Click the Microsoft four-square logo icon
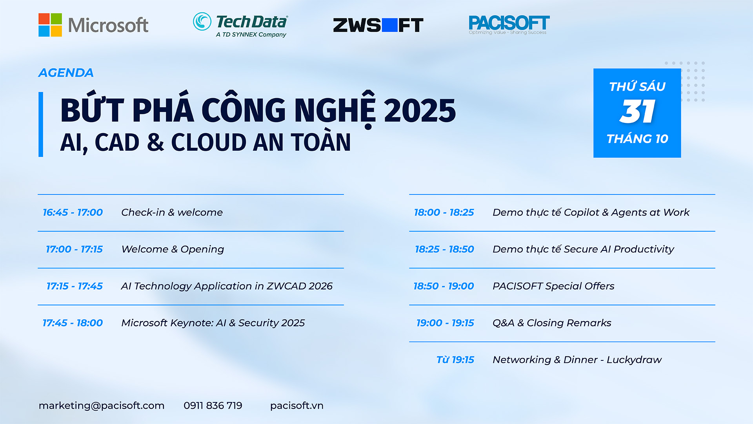point(50,25)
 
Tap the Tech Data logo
point(240,25)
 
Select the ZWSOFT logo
point(378,25)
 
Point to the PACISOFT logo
point(509,25)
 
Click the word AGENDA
point(66,73)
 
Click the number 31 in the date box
point(637,111)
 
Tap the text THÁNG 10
point(637,139)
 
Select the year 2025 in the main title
point(420,110)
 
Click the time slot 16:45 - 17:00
point(73,212)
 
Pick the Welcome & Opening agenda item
point(173,249)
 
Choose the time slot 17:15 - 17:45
point(75,286)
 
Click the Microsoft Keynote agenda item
point(213,323)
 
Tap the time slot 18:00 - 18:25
point(444,212)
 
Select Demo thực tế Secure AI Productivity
point(583,249)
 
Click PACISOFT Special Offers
point(553,286)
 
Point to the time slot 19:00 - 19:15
point(445,323)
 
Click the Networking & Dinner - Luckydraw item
point(577,360)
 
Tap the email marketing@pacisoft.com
point(102,406)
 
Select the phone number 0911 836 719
point(213,406)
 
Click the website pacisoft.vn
point(297,406)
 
